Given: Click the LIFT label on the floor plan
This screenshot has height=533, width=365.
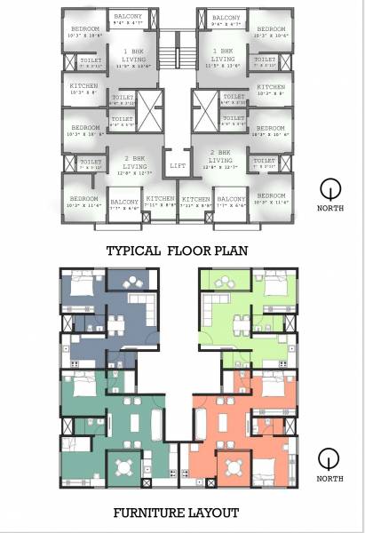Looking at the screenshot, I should coord(178,165).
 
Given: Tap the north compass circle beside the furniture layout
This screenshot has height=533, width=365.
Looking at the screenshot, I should coord(329,459).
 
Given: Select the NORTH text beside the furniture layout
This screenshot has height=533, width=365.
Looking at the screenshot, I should coord(329,479).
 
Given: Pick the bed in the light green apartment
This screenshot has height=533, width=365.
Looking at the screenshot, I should coord(277,287).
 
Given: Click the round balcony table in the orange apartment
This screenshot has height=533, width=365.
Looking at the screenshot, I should coord(234,465).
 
